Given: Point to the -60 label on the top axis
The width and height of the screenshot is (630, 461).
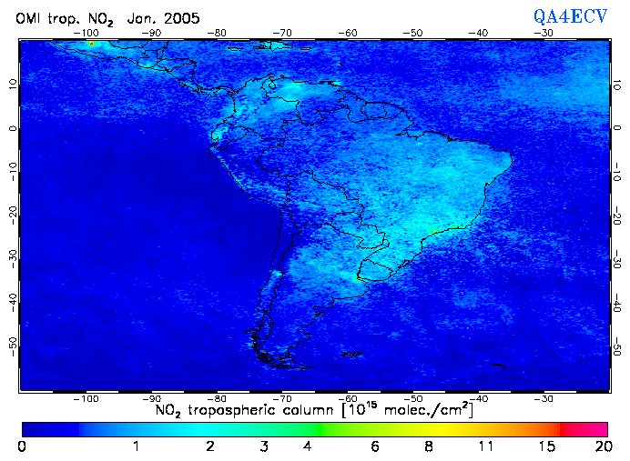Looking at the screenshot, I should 348,33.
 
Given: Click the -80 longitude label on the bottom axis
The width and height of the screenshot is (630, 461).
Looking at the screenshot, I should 218,398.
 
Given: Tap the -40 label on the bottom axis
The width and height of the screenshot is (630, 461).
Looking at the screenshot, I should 478,398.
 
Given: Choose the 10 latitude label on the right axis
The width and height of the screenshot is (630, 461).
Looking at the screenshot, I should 618,85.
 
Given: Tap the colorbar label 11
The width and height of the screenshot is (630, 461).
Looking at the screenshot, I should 488,446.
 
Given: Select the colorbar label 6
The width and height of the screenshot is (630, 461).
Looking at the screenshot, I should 375,446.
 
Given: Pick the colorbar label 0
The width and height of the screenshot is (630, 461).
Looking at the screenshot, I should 22,446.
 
